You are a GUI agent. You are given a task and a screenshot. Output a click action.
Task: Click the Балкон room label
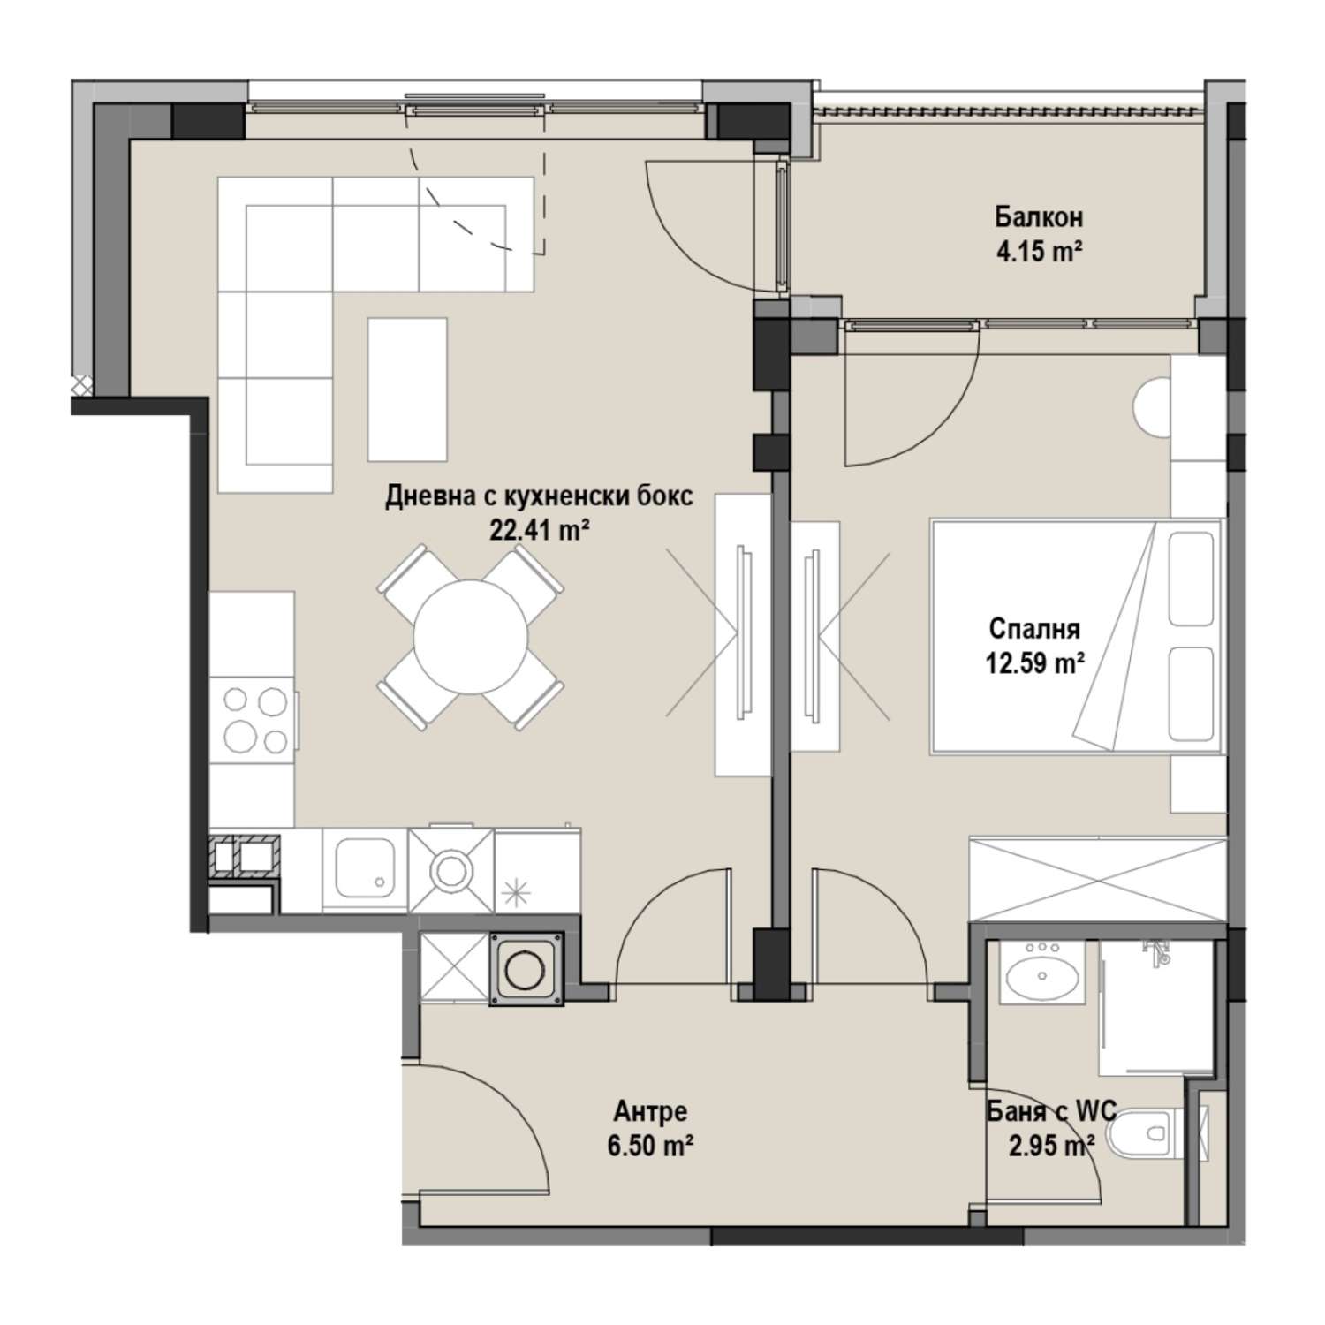click(1039, 217)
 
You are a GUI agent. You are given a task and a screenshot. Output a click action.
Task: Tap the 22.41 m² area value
click(539, 530)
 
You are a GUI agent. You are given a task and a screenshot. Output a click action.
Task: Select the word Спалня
click(1034, 629)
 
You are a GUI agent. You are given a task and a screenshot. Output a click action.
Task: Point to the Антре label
click(650, 1111)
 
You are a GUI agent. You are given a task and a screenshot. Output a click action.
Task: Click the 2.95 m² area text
click(1047, 1146)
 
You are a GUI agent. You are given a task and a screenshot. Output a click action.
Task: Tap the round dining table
click(471, 635)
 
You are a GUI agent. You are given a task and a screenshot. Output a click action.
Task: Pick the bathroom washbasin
click(1042, 976)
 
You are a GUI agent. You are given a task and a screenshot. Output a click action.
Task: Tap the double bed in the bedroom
click(1076, 637)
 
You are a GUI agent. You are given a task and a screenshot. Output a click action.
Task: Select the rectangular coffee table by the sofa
click(407, 390)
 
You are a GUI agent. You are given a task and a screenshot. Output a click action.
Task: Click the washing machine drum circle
click(527, 969)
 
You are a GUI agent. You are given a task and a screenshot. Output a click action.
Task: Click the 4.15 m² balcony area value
click(1039, 252)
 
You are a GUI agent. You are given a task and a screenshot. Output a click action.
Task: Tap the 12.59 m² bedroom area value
click(1034, 663)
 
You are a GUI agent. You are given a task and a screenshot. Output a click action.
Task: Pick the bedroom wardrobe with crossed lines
click(1098, 880)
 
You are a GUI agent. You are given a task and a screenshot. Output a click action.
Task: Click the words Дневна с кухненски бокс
click(539, 496)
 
